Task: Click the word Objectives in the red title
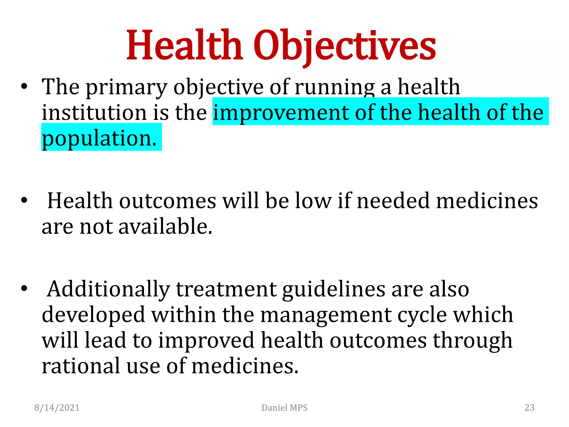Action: (345, 46)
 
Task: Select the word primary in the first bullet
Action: (127, 88)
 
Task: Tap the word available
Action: (165, 227)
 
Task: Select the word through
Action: (473, 341)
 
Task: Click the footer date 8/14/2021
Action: (57, 408)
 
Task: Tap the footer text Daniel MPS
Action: (284, 408)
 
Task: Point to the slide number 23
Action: (529, 408)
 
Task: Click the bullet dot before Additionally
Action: (24, 289)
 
